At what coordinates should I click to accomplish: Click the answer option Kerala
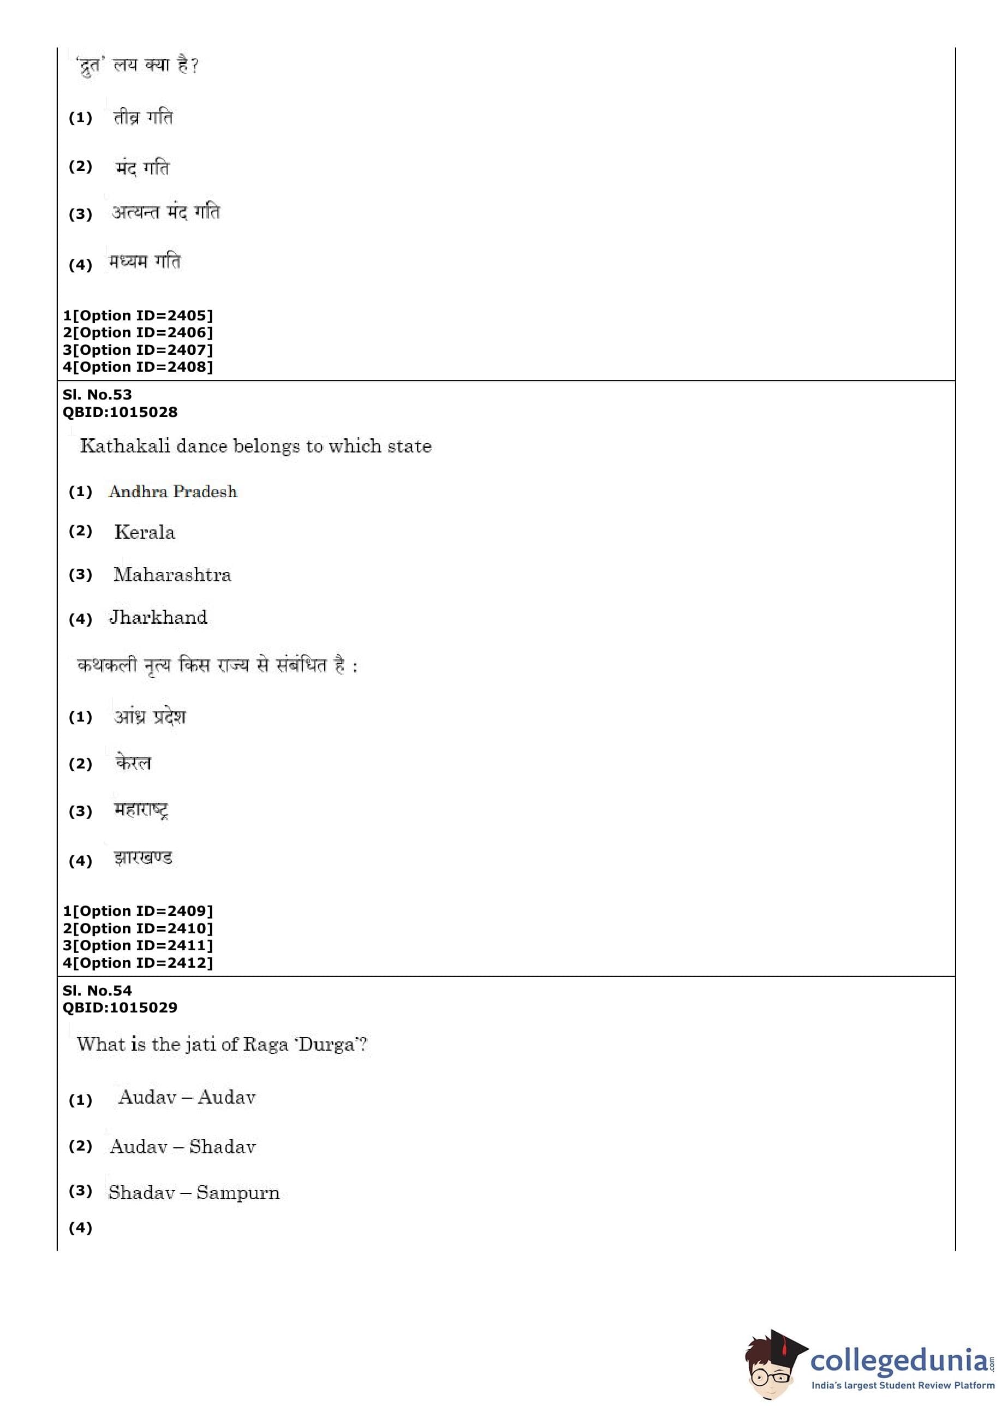(145, 532)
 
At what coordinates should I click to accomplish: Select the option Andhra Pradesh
(173, 492)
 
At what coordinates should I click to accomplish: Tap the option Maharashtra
(172, 575)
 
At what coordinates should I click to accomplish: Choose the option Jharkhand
(159, 617)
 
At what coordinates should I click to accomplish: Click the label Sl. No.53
(97, 395)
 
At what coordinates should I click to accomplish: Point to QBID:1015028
(120, 412)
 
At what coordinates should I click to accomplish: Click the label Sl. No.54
(97, 991)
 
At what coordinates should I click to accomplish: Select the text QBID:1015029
(120, 1008)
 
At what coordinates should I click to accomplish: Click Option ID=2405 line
(138, 316)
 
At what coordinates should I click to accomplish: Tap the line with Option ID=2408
(138, 367)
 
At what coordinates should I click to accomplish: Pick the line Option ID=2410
(138, 928)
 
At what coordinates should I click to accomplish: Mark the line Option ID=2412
(138, 963)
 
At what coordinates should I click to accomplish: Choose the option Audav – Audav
(187, 1098)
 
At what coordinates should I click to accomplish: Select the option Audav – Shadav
(183, 1147)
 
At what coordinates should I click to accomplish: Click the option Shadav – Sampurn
(194, 1193)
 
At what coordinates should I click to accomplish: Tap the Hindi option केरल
(133, 763)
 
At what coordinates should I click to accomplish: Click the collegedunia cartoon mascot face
(771, 1371)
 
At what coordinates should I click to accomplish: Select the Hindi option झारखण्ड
(143, 858)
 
